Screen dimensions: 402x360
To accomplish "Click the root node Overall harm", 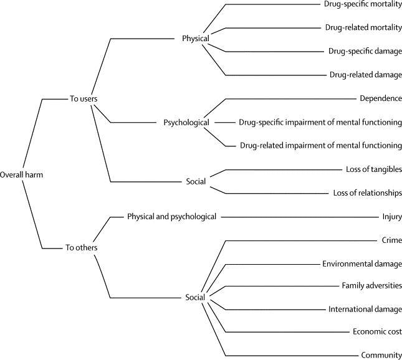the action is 21,175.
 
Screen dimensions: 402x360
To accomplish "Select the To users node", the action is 84,98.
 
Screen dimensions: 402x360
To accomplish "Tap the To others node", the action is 81,247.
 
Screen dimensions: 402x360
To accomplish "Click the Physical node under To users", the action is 196,39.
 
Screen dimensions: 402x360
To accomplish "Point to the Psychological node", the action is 186,123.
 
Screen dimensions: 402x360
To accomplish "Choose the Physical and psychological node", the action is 172,217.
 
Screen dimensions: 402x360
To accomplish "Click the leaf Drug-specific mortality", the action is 363,4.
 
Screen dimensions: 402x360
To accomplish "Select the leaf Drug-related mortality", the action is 363,27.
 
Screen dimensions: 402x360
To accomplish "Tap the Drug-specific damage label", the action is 365,51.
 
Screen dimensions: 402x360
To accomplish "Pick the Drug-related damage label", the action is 366,75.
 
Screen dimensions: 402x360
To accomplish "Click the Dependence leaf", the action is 381,98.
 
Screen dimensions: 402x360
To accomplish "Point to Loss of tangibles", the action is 374,169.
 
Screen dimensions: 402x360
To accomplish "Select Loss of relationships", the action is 367,192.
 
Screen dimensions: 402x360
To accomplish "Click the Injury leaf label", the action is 392,217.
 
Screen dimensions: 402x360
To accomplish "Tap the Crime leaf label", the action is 392,240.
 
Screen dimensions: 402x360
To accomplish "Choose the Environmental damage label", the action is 362,264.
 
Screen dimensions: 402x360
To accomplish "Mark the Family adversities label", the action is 371,285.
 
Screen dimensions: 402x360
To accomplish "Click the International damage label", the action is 365,310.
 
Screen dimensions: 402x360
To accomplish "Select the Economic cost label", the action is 377,331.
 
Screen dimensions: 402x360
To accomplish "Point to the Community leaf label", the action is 381,355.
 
